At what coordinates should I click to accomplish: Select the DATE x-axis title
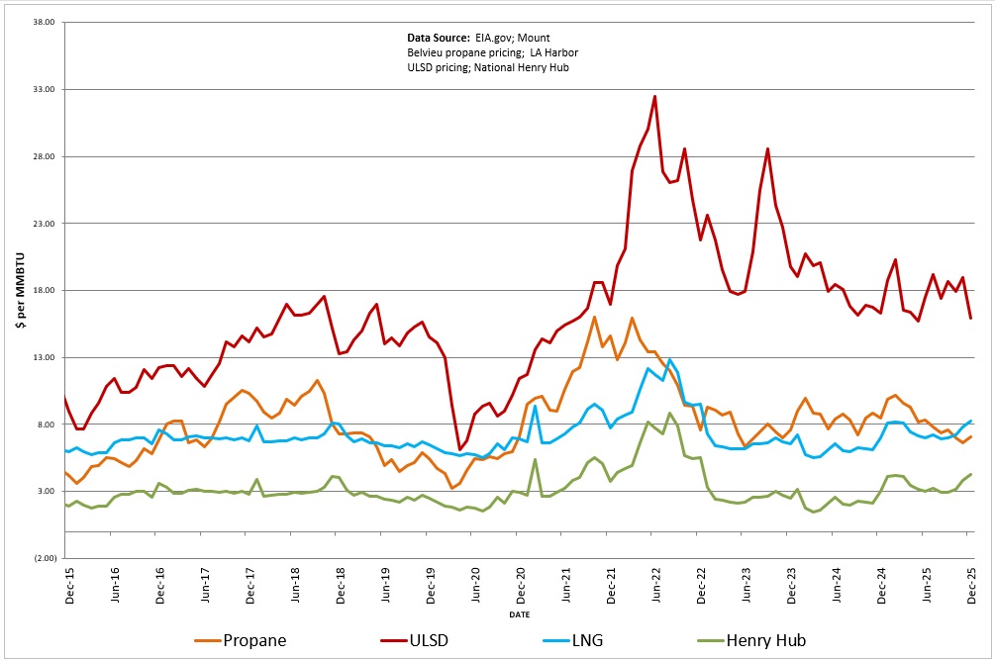519,614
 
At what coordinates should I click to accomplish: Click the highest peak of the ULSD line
654,97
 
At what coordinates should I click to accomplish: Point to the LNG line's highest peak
670,359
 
